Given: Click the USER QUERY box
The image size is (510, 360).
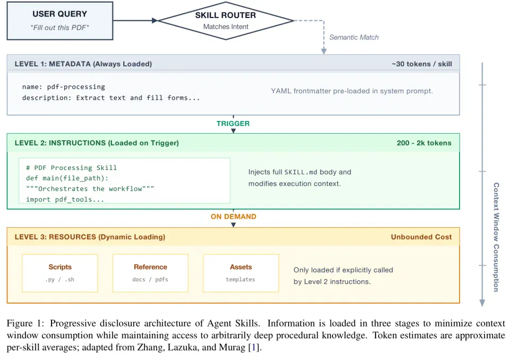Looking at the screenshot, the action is pyautogui.click(x=60, y=21).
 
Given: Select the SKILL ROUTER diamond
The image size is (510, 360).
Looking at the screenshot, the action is pyautogui.click(x=225, y=21).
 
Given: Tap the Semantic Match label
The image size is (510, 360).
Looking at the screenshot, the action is pyautogui.click(x=354, y=37).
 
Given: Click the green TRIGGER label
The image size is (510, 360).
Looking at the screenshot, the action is pyautogui.click(x=233, y=124).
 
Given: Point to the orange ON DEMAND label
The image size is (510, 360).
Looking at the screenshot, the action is pyautogui.click(x=234, y=217).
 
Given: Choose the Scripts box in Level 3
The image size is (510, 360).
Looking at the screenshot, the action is pyautogui.click(x=60, y=273).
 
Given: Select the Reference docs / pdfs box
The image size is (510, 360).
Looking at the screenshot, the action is pyautogui.click(x=150, y=273).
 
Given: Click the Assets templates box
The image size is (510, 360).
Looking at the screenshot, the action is pyautogui.click(x=241, y=273).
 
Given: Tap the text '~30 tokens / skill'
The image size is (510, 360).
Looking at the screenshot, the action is pyautogui.click(x=422, y=64).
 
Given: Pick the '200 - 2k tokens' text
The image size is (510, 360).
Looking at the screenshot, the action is pyautogui.click(x=424, y=143).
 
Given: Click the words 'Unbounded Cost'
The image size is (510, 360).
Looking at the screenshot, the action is pyautogui.click(x=421, y=237).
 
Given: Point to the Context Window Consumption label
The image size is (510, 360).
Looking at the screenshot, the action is pyautogui.click(x=496, y=237).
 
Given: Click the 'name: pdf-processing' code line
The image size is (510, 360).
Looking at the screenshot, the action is pyautogui.click(x=64, y=87).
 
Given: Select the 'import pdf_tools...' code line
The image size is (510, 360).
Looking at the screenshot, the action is pyautogui.click(x=65, y=200).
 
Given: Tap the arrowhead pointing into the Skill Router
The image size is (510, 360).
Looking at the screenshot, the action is pyautogui.click(x=155, y=21).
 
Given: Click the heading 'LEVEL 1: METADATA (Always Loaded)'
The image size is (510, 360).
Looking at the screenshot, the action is pyautogui.click(x=83, y=64).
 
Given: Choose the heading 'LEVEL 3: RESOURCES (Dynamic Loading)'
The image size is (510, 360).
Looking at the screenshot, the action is pyautogui.click(x=90, y=237).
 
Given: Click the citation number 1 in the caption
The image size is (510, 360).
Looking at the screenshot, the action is pyautogui.click(x=254, y=348).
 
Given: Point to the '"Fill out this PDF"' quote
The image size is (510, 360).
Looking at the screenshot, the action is pyautogui.click(x=60, y=28).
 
